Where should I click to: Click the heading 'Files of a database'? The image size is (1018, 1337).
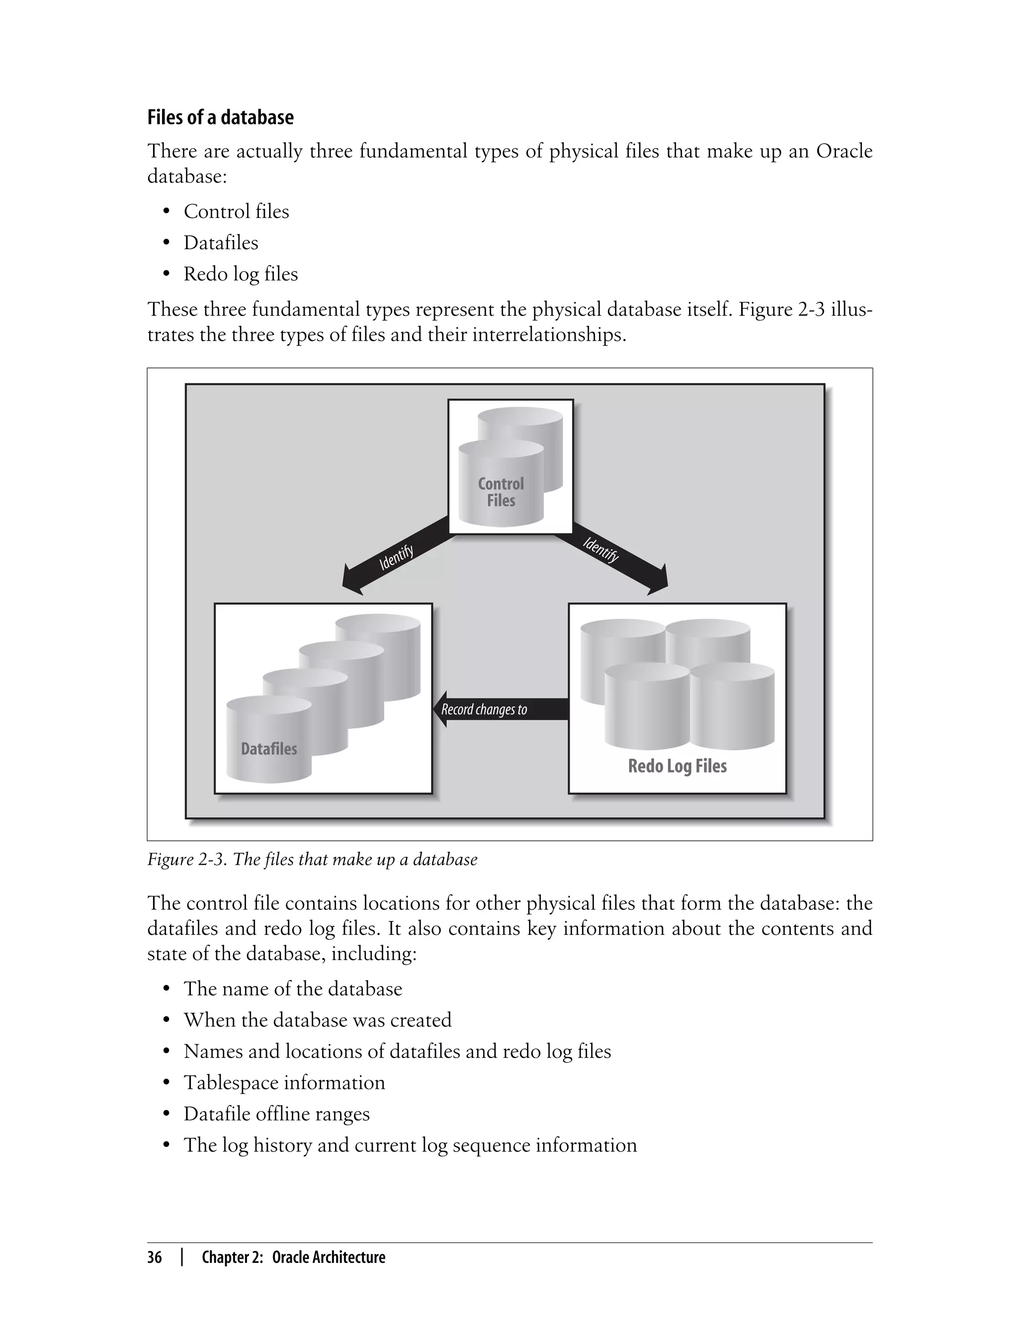(220, 117)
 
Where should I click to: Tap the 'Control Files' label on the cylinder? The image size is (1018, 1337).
(501, 492)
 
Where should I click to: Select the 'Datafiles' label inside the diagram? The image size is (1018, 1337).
(268, 749)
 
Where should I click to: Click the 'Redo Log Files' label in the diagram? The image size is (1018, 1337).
(677, 766)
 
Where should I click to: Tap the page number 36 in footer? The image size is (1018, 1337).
(155, 1257)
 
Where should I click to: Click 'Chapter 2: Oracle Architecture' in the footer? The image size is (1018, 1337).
(293, 1257)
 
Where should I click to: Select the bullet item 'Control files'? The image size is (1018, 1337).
(236, 211)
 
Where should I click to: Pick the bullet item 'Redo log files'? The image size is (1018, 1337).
(241, 274)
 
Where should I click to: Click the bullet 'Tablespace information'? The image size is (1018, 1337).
(284, 1082)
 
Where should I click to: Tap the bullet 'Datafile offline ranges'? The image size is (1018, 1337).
(276, 1114)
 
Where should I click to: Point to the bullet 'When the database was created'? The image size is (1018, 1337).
(318, 1020)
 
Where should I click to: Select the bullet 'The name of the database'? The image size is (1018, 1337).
(293, 988)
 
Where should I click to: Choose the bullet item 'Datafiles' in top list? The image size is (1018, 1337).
(221, 243)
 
